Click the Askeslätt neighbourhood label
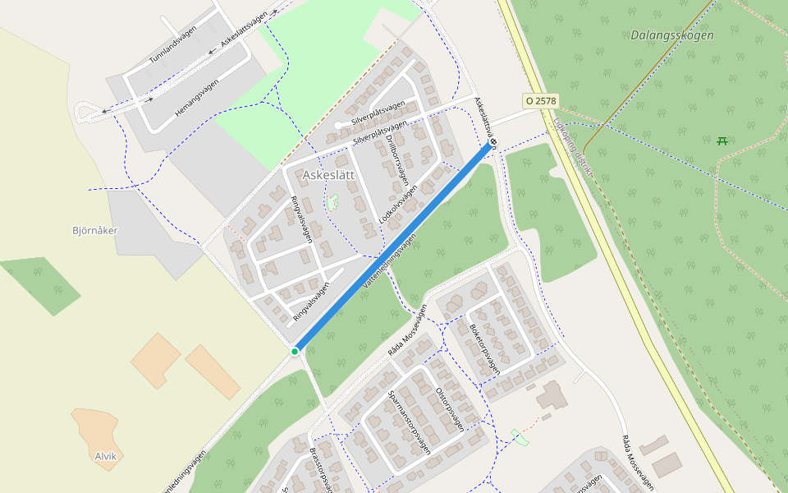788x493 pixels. coord(328,175)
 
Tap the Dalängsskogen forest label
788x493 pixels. coord(672,35)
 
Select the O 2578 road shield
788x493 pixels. coord(541,100)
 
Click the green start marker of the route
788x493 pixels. coord(295,352)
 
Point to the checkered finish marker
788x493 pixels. coord(493,142)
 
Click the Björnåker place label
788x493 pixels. coord(95,230)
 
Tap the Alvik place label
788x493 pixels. coord(106,456)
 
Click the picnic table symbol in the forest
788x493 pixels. coord(722,141)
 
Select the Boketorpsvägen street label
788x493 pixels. coord(484,348)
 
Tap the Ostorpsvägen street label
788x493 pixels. coord(450,408)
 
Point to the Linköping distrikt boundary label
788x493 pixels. coord(571,145)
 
